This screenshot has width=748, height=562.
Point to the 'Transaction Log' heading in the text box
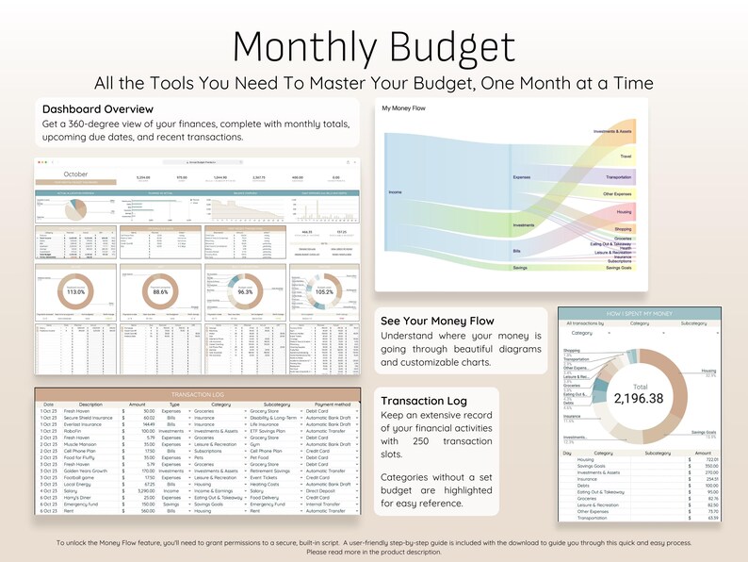[x=424, y=402]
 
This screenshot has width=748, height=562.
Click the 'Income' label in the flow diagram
[x=396, y=192]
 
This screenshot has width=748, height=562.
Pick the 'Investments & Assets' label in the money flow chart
[x=612, y=131]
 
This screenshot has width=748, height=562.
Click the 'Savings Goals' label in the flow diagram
[x=619, y=268]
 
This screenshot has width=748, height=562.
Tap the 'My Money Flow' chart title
[x=402, y=108]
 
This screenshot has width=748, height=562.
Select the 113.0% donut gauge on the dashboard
[x=74, y=292]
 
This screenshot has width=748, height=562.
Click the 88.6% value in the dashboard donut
[x=159, y=292]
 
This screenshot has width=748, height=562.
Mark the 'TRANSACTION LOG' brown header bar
[x=197, y=394]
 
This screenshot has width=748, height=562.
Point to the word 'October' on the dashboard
[x=75, y=174]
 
